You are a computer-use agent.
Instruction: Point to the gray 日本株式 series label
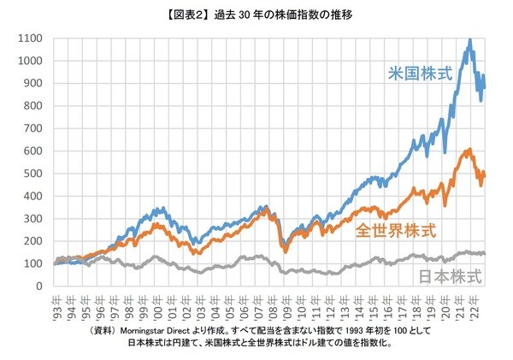(x=450, y=276)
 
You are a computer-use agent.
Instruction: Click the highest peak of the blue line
(x=470, y=39)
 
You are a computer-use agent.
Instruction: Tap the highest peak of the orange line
(x=469, y=150)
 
